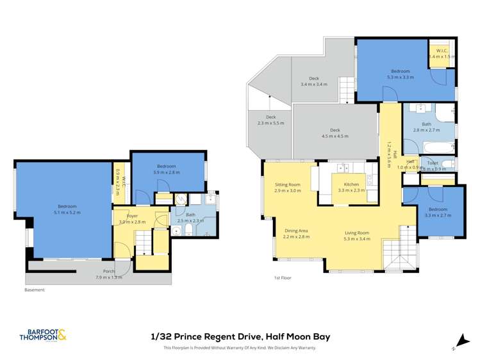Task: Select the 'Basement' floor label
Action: (35, 290)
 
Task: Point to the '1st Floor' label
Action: (281, 278)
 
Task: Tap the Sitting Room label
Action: (287, 187)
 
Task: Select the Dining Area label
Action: (296, 233)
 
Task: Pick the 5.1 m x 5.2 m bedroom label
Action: (67, 209)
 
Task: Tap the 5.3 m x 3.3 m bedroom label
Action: (400, 74)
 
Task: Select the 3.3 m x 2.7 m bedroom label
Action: (438, 212)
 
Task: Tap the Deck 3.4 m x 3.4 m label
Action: (313, 81)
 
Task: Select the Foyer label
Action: (132, 218)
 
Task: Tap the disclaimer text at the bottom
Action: (240, 348)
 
